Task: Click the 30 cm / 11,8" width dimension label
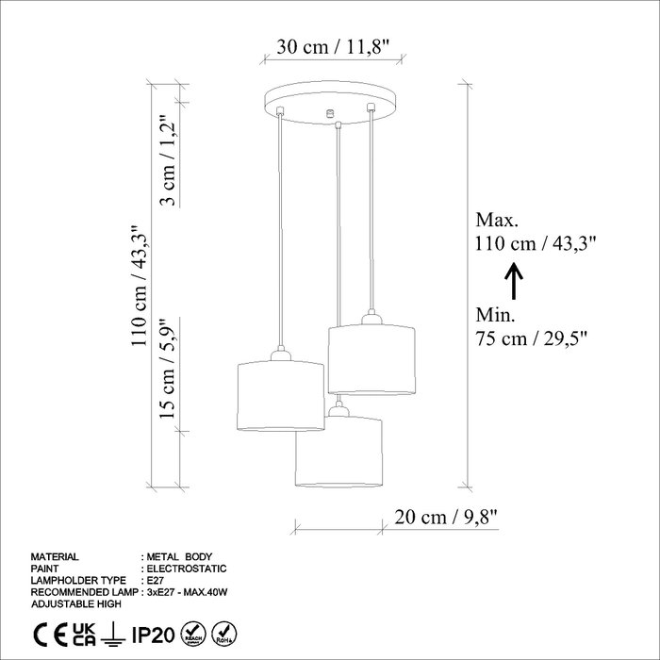point(334,47)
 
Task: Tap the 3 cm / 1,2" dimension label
point(168,159)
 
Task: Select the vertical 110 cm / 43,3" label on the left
point(140,286)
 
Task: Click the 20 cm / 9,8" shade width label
point(446,517)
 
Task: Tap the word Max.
point(497,220)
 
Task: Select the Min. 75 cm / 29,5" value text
point(531,338)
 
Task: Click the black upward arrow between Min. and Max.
point(514,281)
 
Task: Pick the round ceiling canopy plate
point(330,103)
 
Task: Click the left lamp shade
point(281,395)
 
